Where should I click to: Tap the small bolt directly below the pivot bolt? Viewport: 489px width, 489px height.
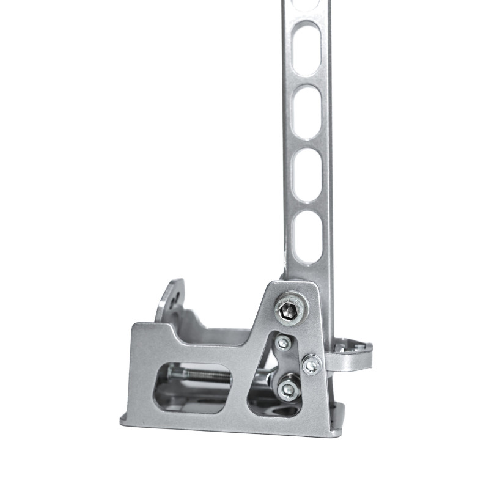[283, 344]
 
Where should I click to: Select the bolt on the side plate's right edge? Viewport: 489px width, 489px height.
[311, 365]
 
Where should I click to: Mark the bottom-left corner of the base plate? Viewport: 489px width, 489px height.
[122, 421]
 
